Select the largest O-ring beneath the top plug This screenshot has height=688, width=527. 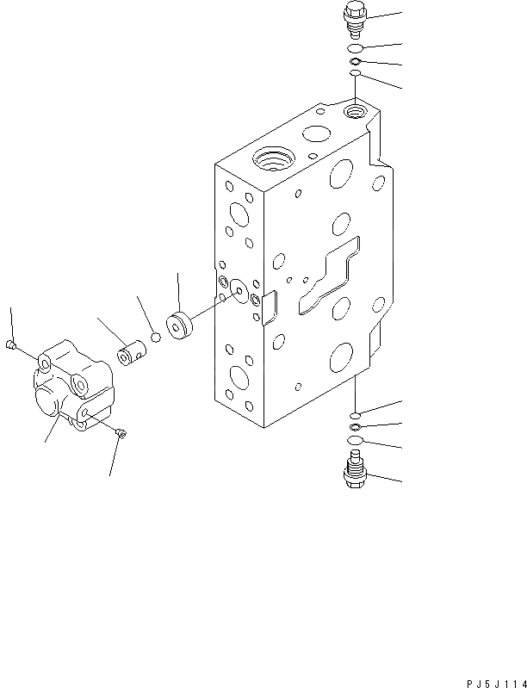pos(356,48)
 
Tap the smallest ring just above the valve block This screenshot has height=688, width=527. pos(354,77)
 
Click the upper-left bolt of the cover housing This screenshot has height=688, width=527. pos(9,345)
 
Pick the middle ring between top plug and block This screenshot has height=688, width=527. pos(355,62)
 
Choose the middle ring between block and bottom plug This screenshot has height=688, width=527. pos(355,427)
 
